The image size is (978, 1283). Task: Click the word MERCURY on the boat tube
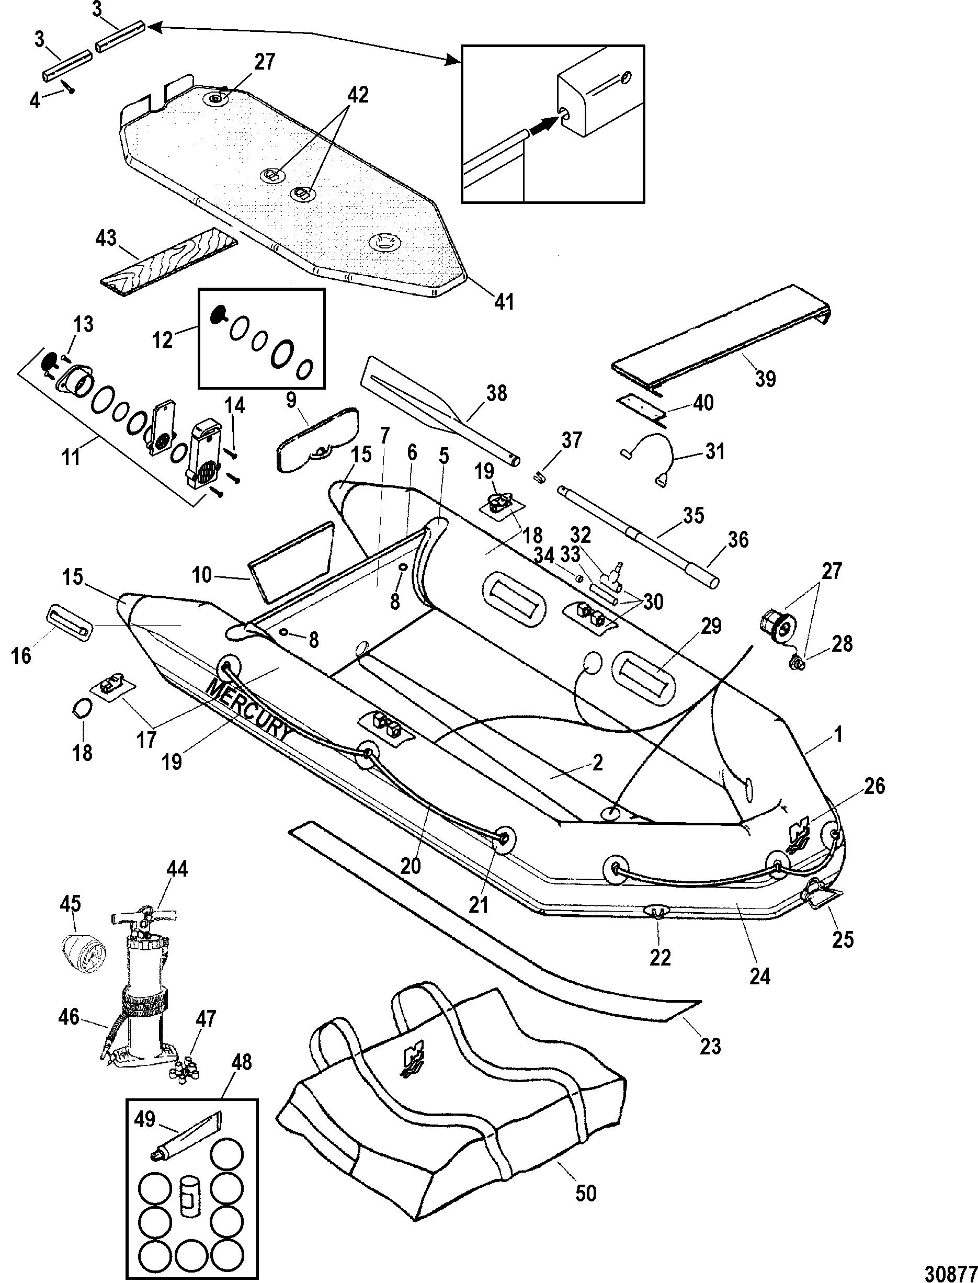point(247,711)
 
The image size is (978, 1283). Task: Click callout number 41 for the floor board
point(504,302)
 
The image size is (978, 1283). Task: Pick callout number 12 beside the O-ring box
point(164,338)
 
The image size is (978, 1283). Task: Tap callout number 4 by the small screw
point(36,100)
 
